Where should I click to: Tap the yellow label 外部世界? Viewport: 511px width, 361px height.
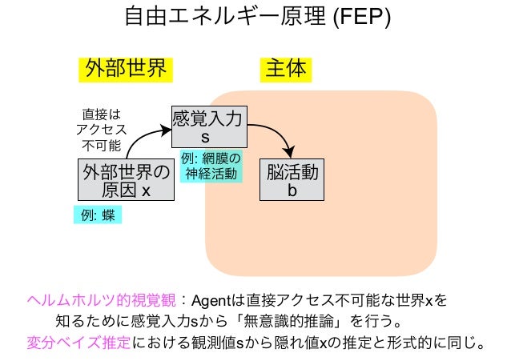[126, 69]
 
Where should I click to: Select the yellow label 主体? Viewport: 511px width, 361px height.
[285, 69]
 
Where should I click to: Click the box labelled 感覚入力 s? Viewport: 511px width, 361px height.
[209, 126]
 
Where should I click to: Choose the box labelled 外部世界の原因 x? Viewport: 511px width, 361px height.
[127, 179]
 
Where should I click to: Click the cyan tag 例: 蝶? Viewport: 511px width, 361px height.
[96, 214]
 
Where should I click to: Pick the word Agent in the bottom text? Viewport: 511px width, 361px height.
[211, 301]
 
